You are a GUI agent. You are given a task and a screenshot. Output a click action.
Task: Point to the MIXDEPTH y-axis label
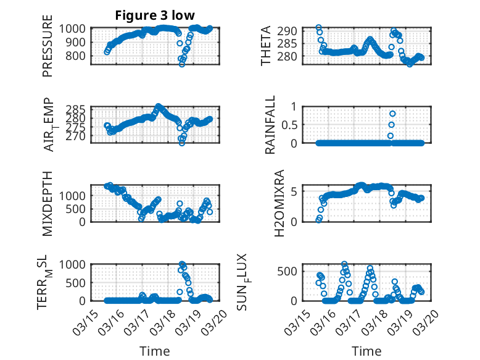coord(48,204)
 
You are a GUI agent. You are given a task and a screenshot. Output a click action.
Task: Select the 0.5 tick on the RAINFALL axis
coord(289,124)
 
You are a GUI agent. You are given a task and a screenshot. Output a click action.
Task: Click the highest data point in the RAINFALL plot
coord(392,114)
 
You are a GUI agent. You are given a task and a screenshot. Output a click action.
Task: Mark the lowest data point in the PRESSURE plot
coord(181,64)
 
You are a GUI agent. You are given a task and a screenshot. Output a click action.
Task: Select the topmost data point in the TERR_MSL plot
coord(181,264)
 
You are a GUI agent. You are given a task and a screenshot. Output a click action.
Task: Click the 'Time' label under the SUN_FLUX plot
coord(366,351)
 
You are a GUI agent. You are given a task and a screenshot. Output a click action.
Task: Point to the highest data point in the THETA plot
coord(318,27)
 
